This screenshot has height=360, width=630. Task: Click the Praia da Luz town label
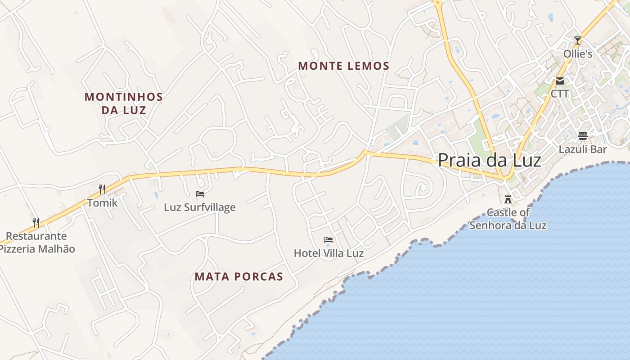point(489,160)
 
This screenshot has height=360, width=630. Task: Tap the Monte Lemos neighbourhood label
point(344,66)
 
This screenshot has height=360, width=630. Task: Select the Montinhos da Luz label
point(124,103)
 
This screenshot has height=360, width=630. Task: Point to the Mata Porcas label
point(239,276)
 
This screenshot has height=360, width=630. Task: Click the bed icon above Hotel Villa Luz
point(328,240)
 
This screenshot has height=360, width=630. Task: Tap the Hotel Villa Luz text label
point(328,253)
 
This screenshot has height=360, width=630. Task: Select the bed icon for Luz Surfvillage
point(200,194)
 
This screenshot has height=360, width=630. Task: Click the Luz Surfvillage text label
point(200,207)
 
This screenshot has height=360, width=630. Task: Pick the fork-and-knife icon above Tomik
point(102,189)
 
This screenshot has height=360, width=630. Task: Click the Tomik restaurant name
point(102,202)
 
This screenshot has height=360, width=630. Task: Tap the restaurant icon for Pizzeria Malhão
point(36,222)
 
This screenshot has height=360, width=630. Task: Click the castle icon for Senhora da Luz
point(508,199)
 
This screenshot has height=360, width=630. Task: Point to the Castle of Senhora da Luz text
point(508,219)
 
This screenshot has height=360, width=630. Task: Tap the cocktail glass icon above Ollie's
point(578,40)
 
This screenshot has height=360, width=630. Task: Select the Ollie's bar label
point(578,54)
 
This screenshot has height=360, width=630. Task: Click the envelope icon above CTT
point(560,81)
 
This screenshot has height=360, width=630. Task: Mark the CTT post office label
point(560,94)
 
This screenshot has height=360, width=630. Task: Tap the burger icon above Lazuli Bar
point(583,136)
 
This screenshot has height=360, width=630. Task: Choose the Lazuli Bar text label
point(583,149)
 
